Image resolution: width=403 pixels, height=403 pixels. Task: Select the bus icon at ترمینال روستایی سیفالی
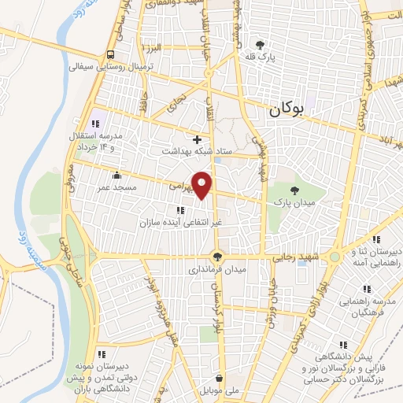[110, 55]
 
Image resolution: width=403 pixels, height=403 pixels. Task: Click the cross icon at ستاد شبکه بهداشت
[197, 139]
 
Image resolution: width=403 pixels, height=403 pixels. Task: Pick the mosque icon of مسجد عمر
[117, 176]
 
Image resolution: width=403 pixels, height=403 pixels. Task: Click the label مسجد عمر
[117, 187]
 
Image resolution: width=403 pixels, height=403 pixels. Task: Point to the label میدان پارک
[294, 203]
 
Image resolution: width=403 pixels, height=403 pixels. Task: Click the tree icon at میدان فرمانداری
[217, 257]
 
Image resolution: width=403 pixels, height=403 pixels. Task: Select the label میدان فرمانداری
[216, 269]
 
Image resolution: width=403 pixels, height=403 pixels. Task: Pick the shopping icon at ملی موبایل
[220, 378]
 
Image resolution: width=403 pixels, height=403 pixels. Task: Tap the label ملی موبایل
[220, 390]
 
